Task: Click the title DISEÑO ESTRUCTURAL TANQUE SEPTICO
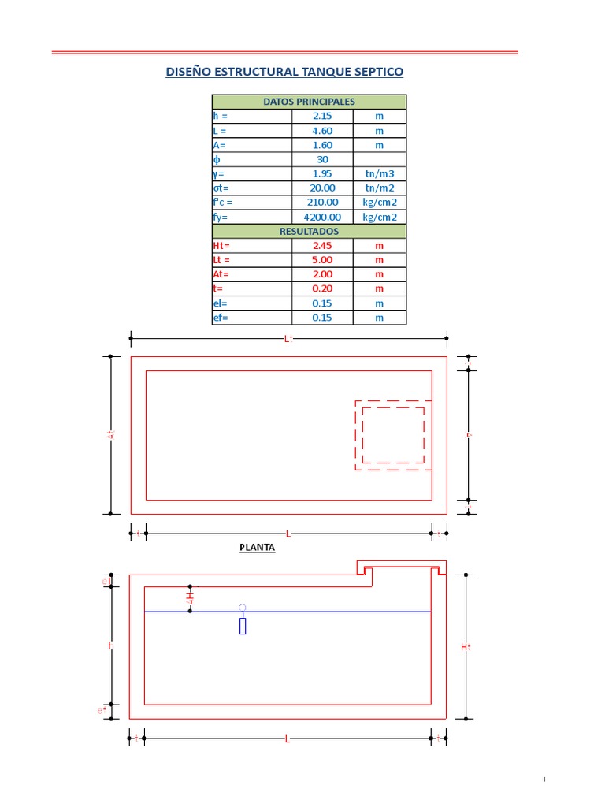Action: (x=284, y=72)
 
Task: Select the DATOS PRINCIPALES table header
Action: (x=309, y=102)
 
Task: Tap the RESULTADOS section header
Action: (x=309, y=232)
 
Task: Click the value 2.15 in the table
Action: (x=322, y=116)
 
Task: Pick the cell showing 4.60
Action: (x=322, y=131)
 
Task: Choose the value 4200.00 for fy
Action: (x=322, y=218)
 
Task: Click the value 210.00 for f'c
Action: (x=322, y=203)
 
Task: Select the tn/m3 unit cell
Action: (x=379, y=173)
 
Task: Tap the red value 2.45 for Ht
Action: (x=322, y=246)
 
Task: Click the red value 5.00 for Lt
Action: (x=322, y=260)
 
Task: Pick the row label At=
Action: (x=221, y=274)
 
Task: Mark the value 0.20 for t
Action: (x=322, y=289)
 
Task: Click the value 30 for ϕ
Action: (x=322, y=159)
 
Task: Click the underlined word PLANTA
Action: (x=258, y=547)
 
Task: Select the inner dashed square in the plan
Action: (x=393, y=435)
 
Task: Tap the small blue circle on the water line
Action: (x=243, y=608)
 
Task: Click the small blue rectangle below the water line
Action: (x=243, y=627)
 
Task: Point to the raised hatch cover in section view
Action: (x=402, y=566)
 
